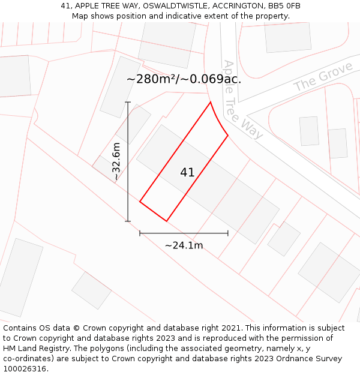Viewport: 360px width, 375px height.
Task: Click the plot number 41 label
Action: point(187,173)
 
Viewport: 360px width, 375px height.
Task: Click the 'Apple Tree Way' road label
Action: point(242,100)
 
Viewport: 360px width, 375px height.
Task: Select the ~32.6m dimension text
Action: point(116,162)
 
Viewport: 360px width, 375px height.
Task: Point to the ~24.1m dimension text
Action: point(184,245)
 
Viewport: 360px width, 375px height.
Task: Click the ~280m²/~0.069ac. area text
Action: point(184,79)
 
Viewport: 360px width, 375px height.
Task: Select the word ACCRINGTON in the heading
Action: point(234,6)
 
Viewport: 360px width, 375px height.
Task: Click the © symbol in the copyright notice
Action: point(76,328)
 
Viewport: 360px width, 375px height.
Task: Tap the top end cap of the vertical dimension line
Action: point(128,103)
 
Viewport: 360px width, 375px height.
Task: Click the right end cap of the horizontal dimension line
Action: point(228,233)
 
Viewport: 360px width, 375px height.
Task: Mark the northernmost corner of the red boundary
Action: point(211,103)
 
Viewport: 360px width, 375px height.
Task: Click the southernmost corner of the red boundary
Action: point(166,221)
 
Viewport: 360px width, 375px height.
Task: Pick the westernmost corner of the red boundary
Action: point(140,202)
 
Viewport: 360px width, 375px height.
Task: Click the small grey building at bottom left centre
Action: point(91,290)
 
